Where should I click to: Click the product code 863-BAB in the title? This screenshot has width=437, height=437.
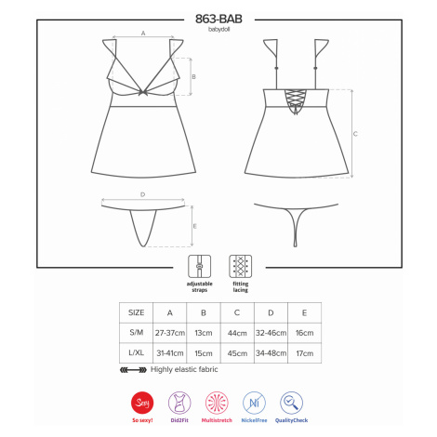(x=218, y=20)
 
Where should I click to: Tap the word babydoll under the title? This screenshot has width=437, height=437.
(x=218, y=30)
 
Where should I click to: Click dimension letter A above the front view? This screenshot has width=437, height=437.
(x=143, y=33)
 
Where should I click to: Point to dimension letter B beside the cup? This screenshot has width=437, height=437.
(x=193, y=76)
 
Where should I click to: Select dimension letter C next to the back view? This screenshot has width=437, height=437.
(x=355, y=134)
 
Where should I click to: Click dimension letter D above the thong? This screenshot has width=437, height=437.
(x=142, y=194)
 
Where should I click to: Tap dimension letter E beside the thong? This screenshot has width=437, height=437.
(x=194, y=226)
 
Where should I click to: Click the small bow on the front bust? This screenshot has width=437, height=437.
(x=143, y=92)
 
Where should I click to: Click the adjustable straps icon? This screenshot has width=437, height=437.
(x=200, y=267)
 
